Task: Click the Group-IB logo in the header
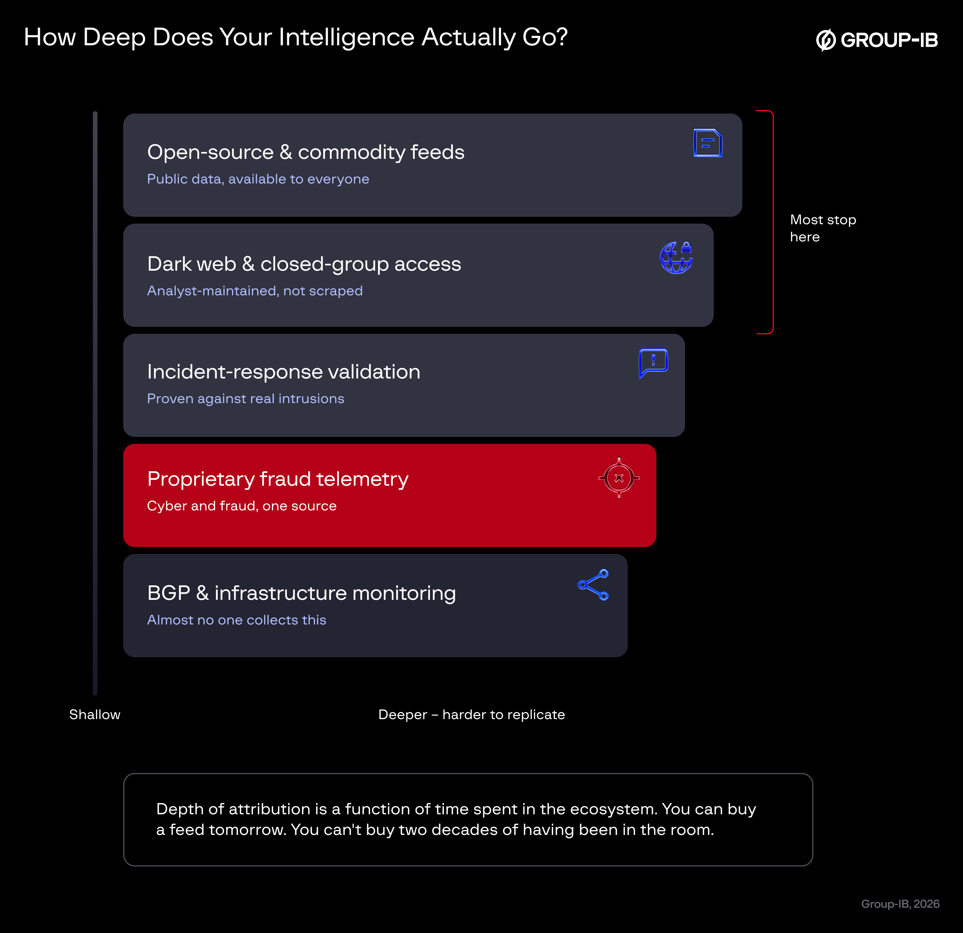pyautogui.click(x=877, y=40)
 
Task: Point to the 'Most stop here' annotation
pyautogui.click(x=823, y=228)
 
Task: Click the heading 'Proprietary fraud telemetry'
pyautogui.click(x=278, y=479)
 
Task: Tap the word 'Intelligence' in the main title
pyautogui.click(x=347, y=37)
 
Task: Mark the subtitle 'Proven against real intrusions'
pyautogui.click(x=246, y=399)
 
